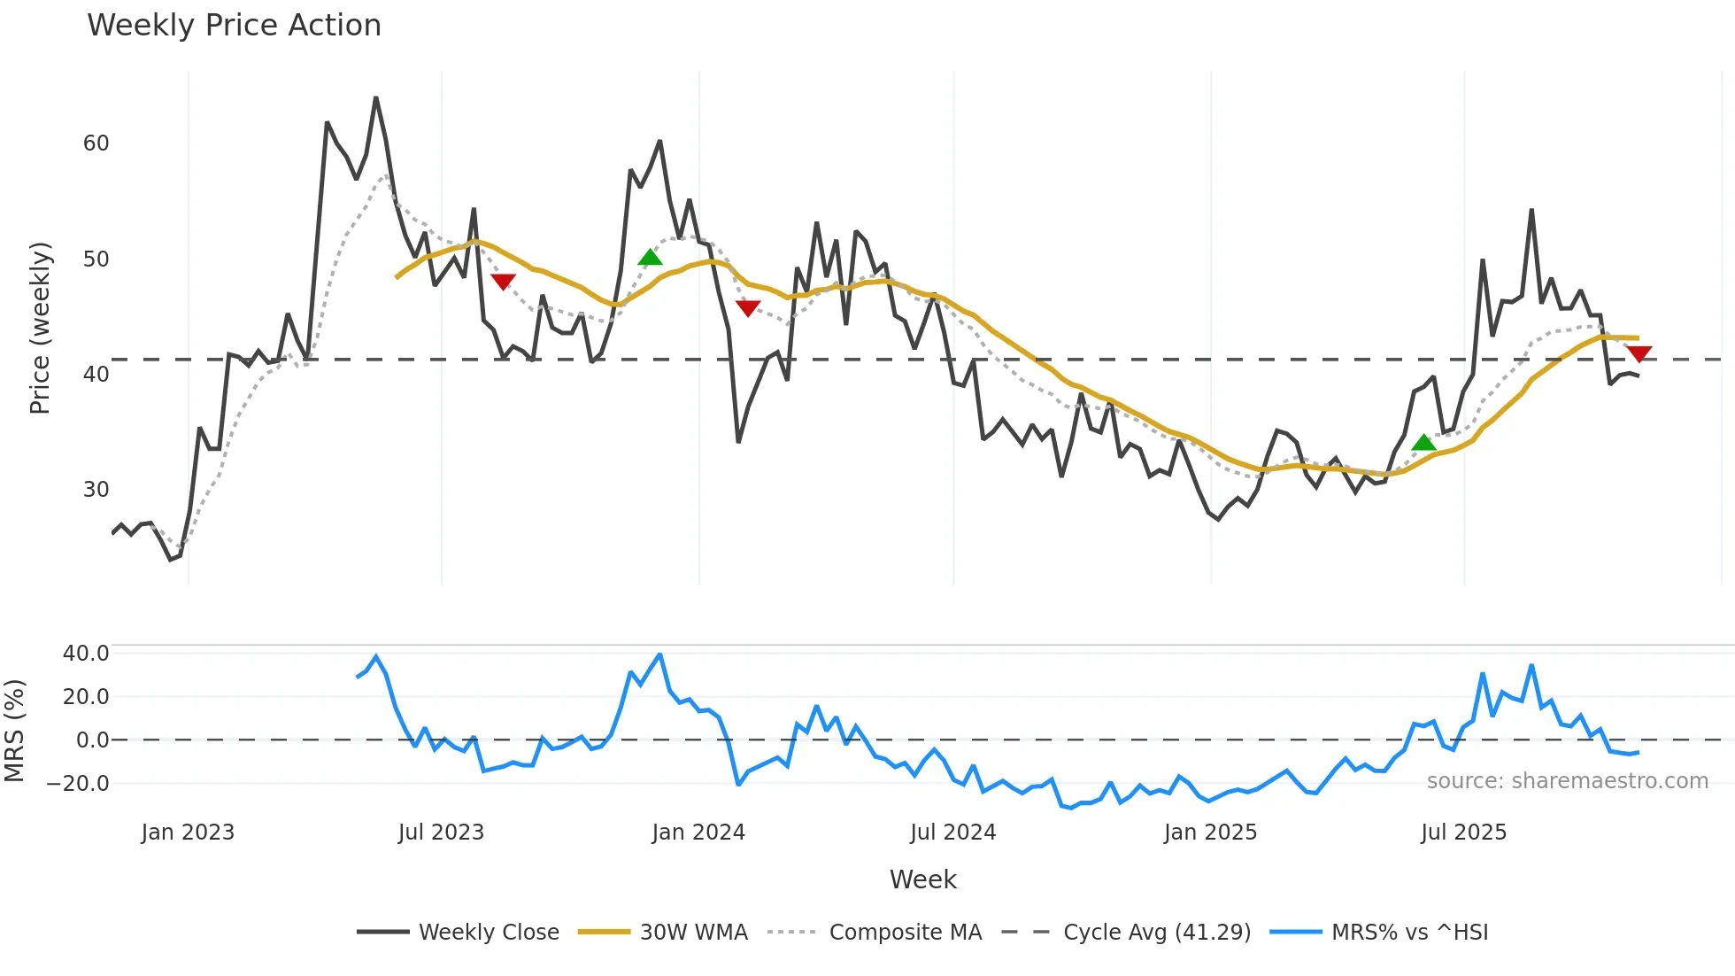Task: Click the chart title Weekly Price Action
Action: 234,26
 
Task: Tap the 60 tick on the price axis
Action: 96,143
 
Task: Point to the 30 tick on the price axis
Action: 96,490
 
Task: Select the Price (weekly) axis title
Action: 41,328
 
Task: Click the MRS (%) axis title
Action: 14,731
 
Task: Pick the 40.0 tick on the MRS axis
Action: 86,654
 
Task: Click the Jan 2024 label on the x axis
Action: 698,833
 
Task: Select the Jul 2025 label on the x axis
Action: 1463,833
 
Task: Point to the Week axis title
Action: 922,879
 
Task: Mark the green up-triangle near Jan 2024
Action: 650,258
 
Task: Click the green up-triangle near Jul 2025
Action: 1423,443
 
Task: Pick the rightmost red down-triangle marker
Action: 1639,354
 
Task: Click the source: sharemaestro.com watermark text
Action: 1567,781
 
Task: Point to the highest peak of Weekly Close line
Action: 376,97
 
